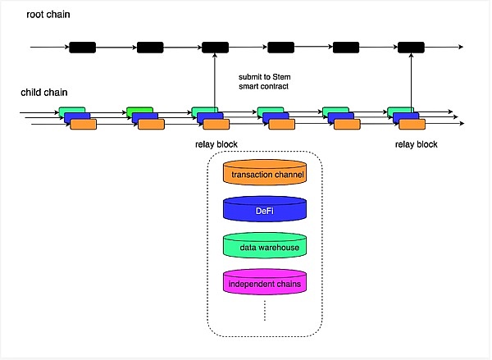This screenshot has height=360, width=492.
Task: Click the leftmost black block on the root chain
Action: [83, 48]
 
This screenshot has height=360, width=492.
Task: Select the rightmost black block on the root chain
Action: [410, 48]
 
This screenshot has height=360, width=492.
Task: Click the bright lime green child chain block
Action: [139, 111]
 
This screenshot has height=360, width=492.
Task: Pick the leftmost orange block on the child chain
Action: [84, 125]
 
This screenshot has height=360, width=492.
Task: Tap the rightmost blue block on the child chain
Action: [406, 118]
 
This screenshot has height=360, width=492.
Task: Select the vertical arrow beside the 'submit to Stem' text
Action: [215, 82]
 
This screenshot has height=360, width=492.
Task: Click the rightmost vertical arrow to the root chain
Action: [410, 82]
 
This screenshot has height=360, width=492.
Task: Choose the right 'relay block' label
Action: [416, 144]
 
